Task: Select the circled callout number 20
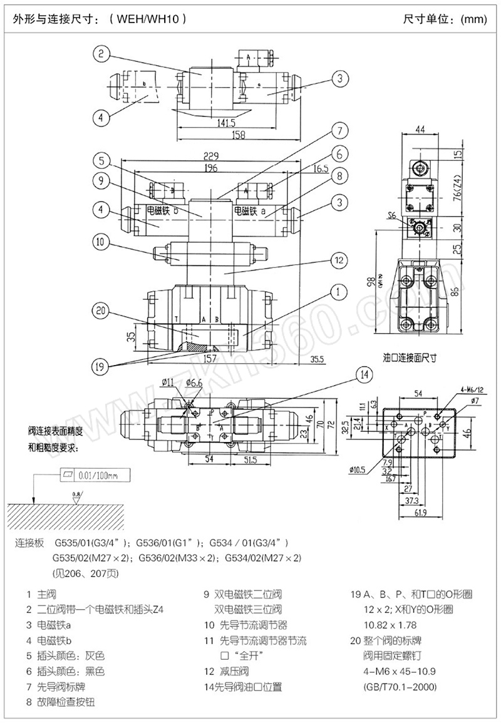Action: click(100, 310)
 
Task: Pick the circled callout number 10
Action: click(101, 241)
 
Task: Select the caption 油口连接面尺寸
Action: click(410, 357)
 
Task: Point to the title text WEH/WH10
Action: click(148, 19)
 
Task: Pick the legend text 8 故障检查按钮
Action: click(61, 702)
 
